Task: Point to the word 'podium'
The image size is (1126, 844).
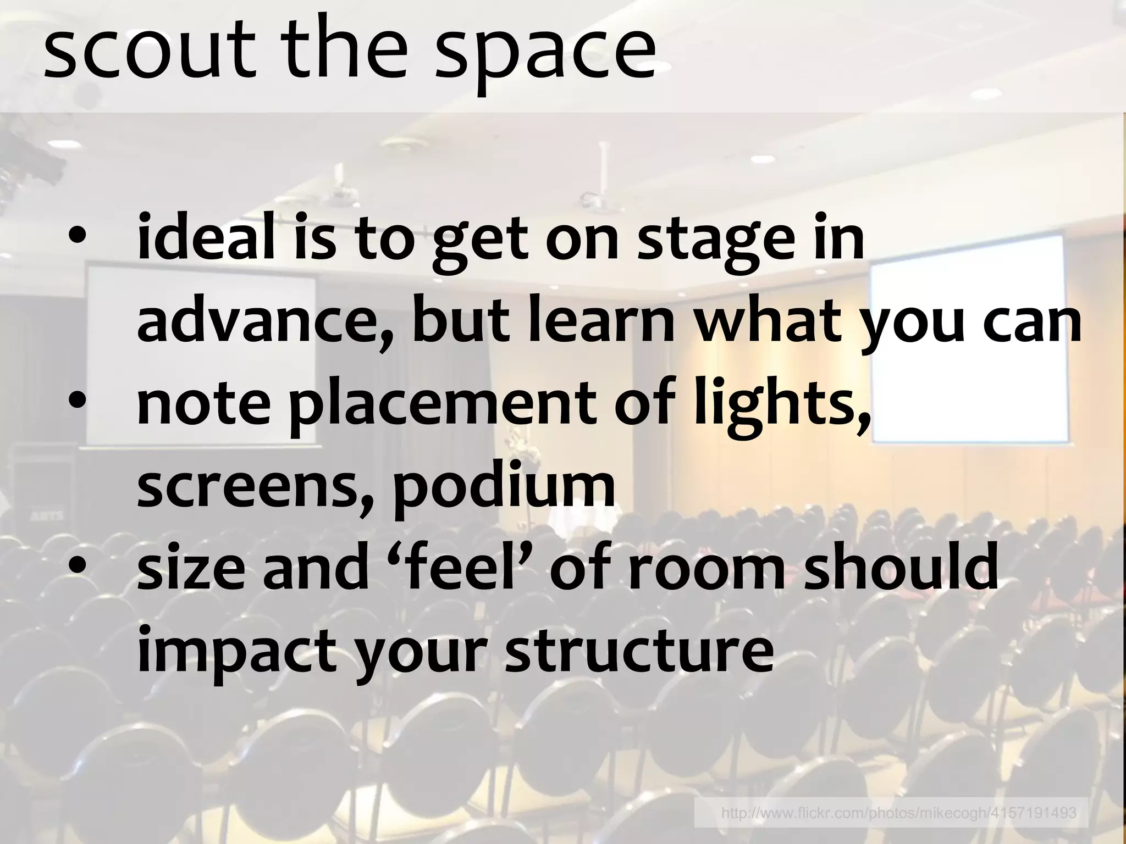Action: pyautogui.click(x=503, y=489)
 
